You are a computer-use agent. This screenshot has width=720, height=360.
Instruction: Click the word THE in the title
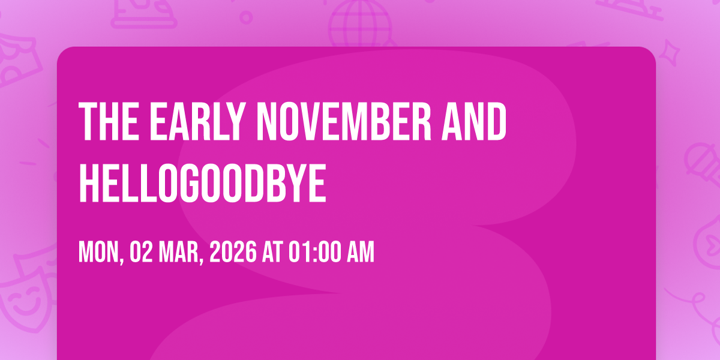tap(109, 121)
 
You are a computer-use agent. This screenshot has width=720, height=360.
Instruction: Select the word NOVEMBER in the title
tap(343, 121)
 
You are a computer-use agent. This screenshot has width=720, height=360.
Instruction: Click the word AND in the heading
tap(474, 121)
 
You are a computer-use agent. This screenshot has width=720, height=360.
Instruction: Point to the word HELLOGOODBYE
tap(203, 183)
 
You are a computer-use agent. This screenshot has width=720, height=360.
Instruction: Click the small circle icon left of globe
tap(246, 17)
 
